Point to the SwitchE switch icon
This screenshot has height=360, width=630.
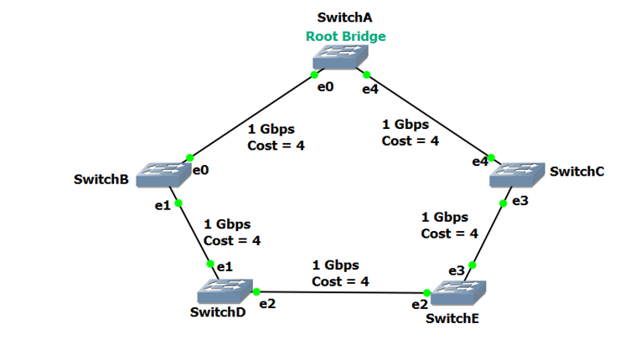(454, 293)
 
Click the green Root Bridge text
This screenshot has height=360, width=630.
(345, 36)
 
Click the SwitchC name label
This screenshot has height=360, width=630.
(577, 171)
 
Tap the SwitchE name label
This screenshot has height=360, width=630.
(453, 319)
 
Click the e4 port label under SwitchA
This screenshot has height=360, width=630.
(370, 89)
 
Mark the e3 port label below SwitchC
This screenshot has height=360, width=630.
(519, 201)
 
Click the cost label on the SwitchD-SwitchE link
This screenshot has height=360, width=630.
(340, 281)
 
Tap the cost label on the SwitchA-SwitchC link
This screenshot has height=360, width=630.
(411, 141)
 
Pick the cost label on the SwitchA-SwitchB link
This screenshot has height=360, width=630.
(276, 145)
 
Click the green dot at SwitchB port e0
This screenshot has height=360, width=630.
(190, 157)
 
